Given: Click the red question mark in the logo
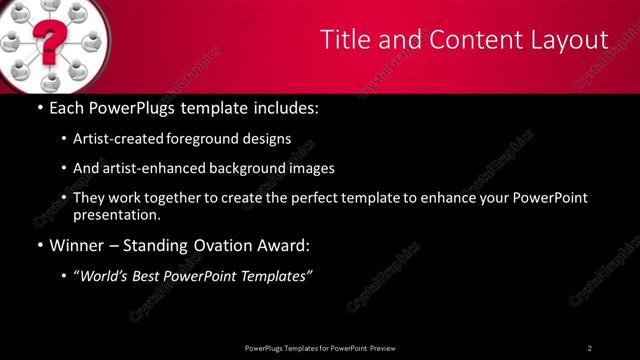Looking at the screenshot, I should tap(46, 44).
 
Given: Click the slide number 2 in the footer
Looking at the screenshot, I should tap(590, 348).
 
